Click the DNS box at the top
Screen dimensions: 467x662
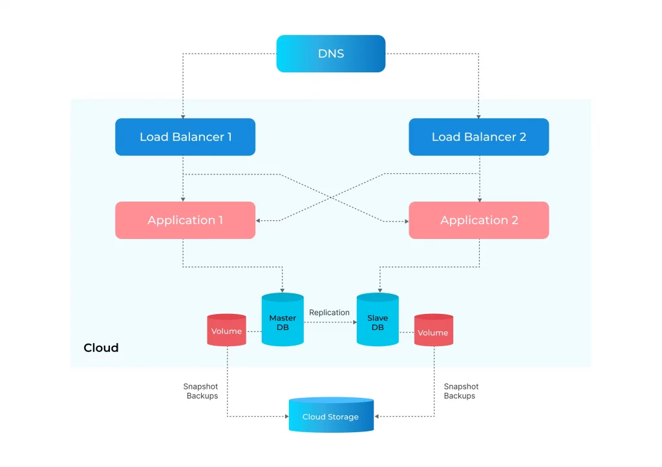point(330,54)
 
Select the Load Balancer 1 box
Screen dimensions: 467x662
point(185,137)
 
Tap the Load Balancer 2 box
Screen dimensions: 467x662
point(478,137)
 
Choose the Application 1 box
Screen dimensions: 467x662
point(185,220)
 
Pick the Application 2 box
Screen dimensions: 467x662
point(478,220)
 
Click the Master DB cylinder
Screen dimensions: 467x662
point(283,322)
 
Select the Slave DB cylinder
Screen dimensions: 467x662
point(378,322)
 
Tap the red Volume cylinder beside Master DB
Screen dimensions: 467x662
point(226,331)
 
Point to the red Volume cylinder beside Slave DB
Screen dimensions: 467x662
point(433,332)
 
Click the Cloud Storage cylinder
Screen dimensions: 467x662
point(330,416)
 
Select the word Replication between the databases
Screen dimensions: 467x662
point(329,313)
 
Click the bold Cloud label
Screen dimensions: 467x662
point(101,348)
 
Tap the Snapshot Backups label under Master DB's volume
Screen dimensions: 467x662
point(201,391)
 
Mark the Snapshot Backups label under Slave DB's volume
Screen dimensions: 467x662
point(460,391)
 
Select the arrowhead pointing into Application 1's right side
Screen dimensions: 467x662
point(259,221)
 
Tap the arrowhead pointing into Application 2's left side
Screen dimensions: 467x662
point(406,222)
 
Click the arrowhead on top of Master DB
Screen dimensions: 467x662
point(283,289)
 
